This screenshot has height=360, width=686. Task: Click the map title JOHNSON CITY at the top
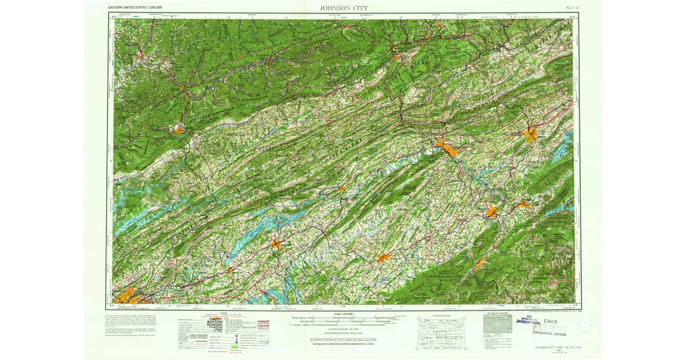click(343, 8)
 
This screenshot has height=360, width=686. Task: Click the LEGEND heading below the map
click(220, 313)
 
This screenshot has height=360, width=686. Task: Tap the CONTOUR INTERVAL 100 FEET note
click(343, 330)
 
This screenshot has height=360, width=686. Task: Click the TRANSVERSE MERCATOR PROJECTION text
click(343, 334)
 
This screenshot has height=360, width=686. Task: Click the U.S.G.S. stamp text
click(548, 322)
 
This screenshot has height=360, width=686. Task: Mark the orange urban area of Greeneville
click(384, 258)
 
